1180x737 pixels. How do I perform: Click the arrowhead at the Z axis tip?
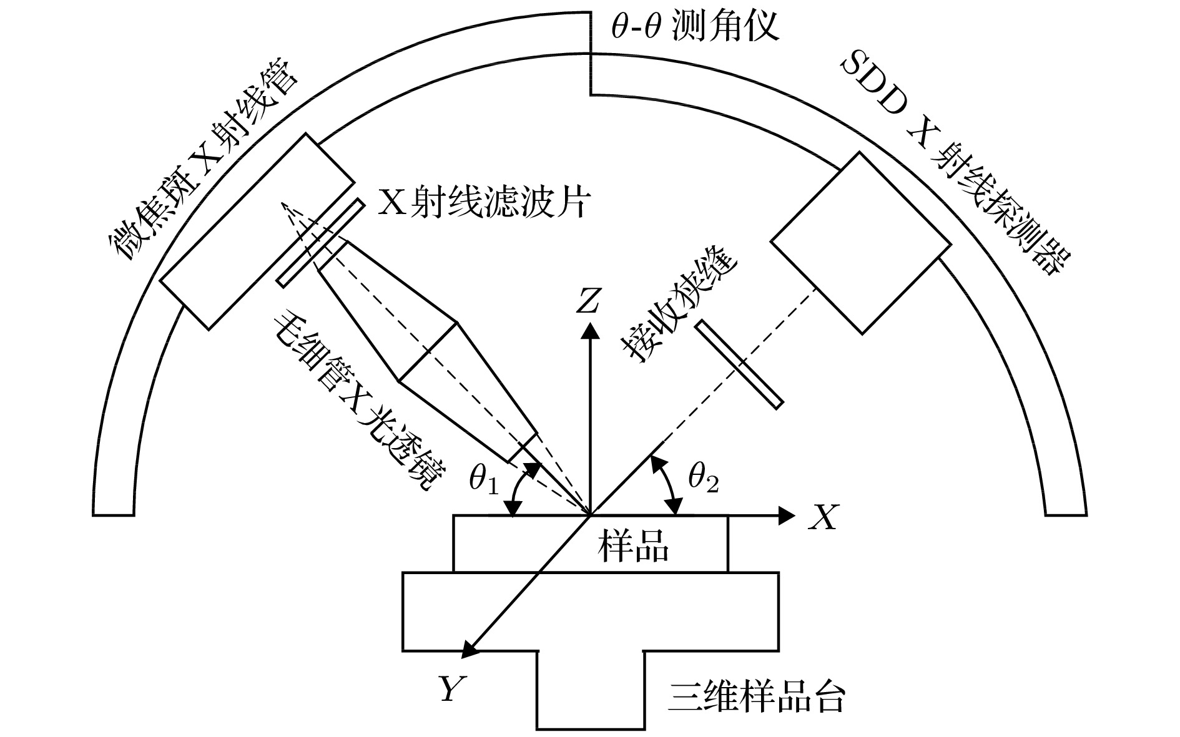coord(588,329)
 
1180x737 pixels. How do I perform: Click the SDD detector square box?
coord(861,243)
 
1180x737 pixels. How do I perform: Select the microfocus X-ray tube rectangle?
coord(257,230)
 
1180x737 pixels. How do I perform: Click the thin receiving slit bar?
coord(739,364)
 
